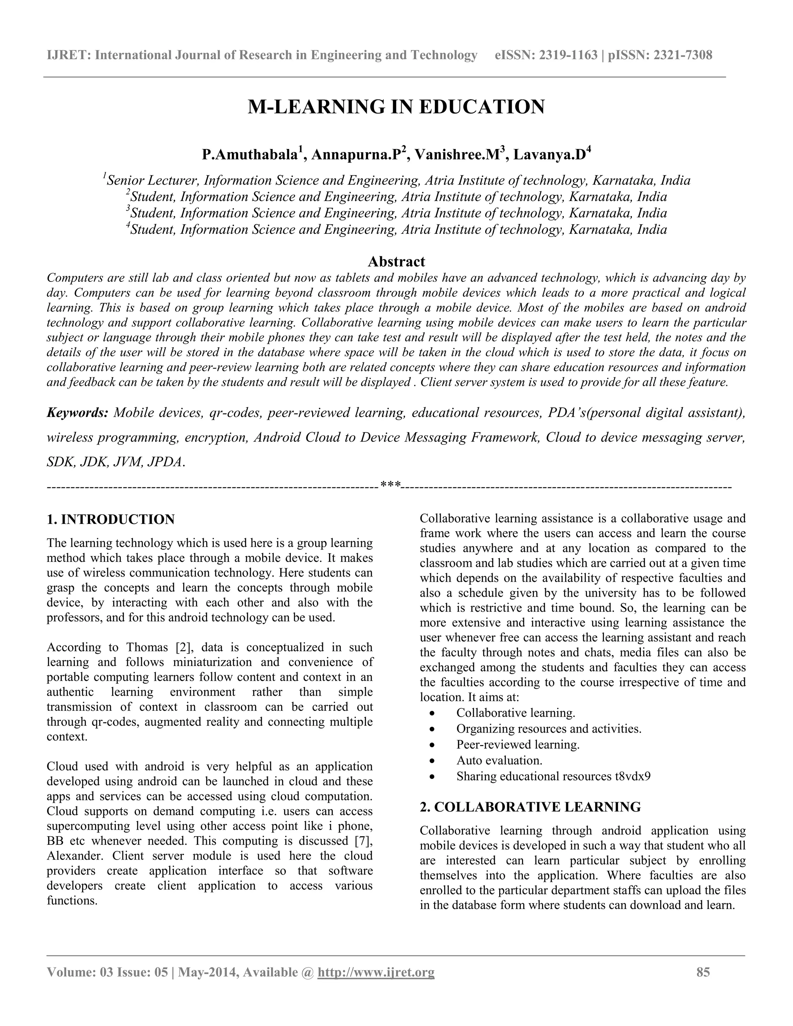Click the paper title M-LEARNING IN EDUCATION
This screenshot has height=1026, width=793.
pyautogui.click(x=396, y=107)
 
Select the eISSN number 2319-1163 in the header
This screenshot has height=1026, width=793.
pyautogui.click(x=568, y=55)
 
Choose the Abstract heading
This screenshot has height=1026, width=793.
pyautogui.click(x=396, y=261)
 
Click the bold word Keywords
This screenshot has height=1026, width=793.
pyautogui.click(x=77, y=413)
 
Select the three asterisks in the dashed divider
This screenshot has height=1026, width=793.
pyautogui.click(x=390, y=484)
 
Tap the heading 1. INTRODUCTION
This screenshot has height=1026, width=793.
pyautogui.click(x=111, y=520)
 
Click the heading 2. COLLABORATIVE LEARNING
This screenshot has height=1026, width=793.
pyautogui.click(x=530, y=807)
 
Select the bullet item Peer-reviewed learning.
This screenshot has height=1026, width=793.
pyautogui.click(x=518, y=745)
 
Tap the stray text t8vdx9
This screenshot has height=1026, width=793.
pyautogui.click(x=633, y=776)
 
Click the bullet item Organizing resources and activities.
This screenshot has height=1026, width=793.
pyautogui.click(x=549, y=729)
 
